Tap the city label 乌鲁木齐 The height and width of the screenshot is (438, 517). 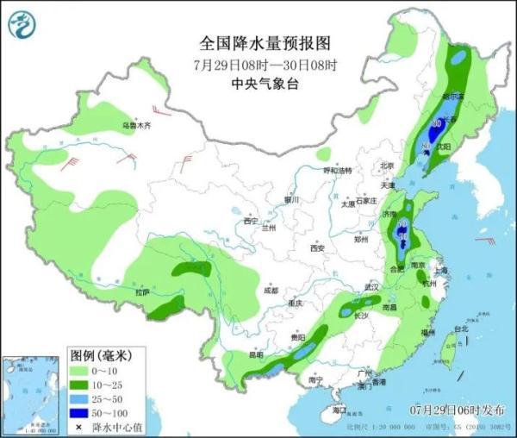tap(135, 126)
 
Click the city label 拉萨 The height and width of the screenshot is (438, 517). tap(142, 292)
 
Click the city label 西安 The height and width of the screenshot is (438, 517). tap(316, 249)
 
